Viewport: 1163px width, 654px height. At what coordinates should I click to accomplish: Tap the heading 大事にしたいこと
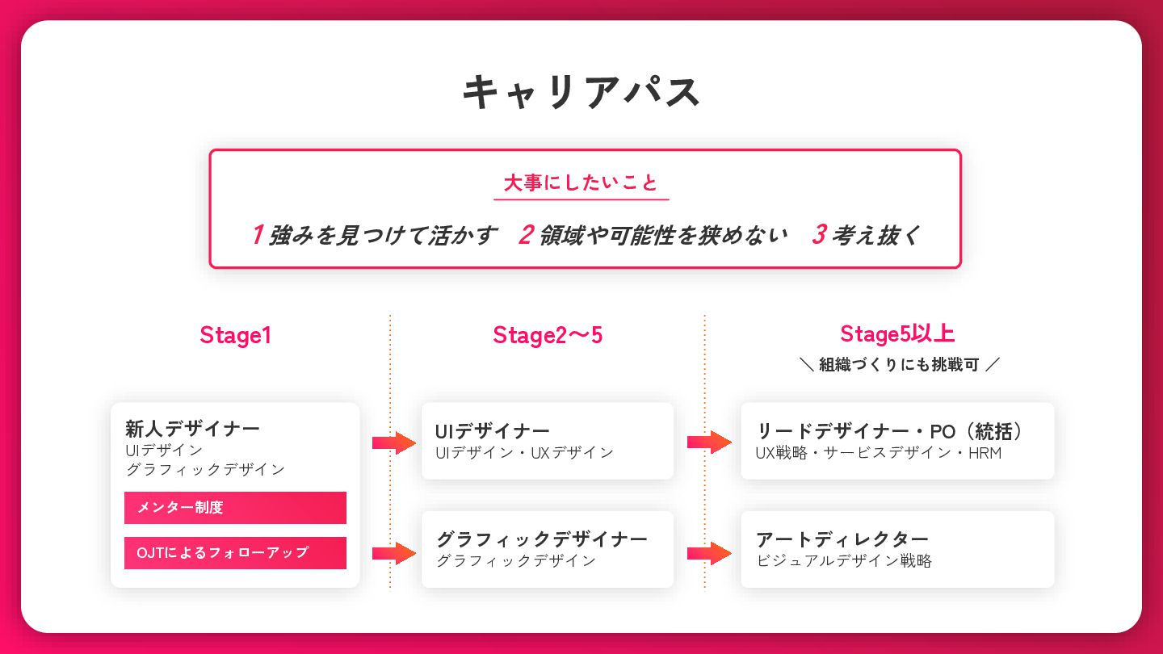tap(581, 183)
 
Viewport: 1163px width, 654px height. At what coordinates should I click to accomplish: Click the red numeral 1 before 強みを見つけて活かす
tap(257, 235)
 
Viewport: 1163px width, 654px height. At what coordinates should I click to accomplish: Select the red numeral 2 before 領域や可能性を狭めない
tap(526, 235)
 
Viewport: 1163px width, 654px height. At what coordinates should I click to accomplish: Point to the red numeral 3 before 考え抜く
tap(818, 235)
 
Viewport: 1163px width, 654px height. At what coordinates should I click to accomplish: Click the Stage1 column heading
tap(235, 335)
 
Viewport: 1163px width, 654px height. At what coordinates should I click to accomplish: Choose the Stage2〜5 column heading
tap(548, 335)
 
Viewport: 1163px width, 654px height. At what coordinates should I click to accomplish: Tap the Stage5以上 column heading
tap(897, 333)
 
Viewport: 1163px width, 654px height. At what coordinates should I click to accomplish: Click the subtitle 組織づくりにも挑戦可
tap(898, 365)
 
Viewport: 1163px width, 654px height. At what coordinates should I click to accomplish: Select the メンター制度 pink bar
tap(235, 508)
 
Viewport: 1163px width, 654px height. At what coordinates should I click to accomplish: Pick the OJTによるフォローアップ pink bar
tap(235, 553)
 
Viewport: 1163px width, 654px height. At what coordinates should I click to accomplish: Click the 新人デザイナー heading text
tap(192, 429)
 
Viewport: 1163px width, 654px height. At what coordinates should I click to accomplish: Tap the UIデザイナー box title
tap(492, 431)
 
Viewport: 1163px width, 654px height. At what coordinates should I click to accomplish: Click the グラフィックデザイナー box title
tap(541, 539)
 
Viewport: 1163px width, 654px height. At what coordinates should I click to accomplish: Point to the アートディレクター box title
tap(842, 539)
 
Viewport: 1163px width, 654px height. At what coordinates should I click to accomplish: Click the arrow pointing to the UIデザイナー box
tap(393, 442)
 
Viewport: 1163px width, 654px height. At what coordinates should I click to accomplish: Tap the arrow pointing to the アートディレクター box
tap(709, 553)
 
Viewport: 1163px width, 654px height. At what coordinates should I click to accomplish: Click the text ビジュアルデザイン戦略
tap(844, 560)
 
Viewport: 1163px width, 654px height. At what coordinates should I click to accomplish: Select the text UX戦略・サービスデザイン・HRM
tap(878, 453)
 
